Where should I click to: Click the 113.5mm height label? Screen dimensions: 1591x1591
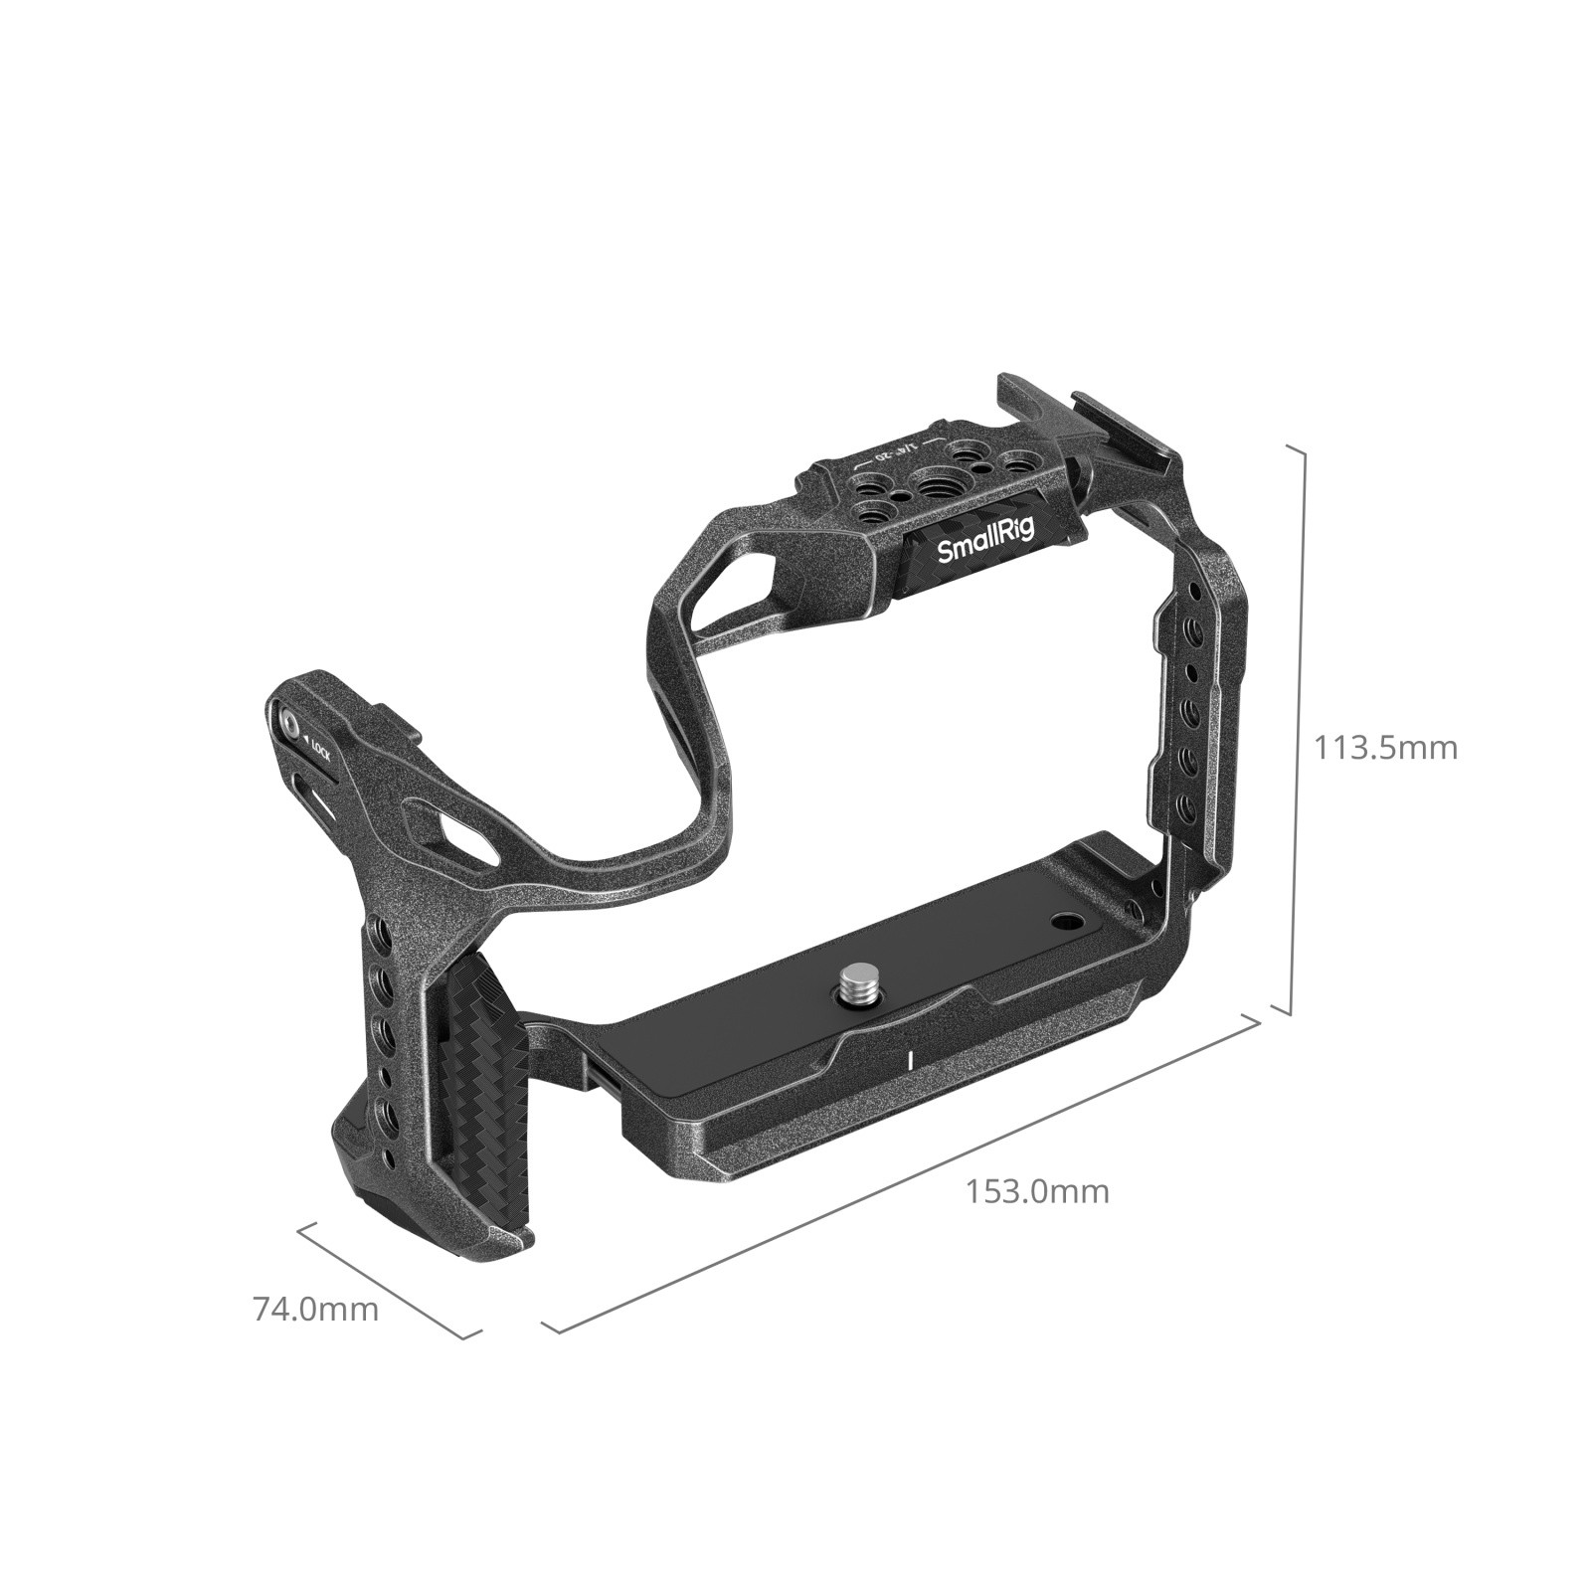pyautogui.click(x=1385, y=747)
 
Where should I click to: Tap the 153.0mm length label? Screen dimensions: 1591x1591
pyautogui.click(x=1037, y=1190)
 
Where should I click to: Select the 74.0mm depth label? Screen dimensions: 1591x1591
pyautogui.click(x=316, y=1309)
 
